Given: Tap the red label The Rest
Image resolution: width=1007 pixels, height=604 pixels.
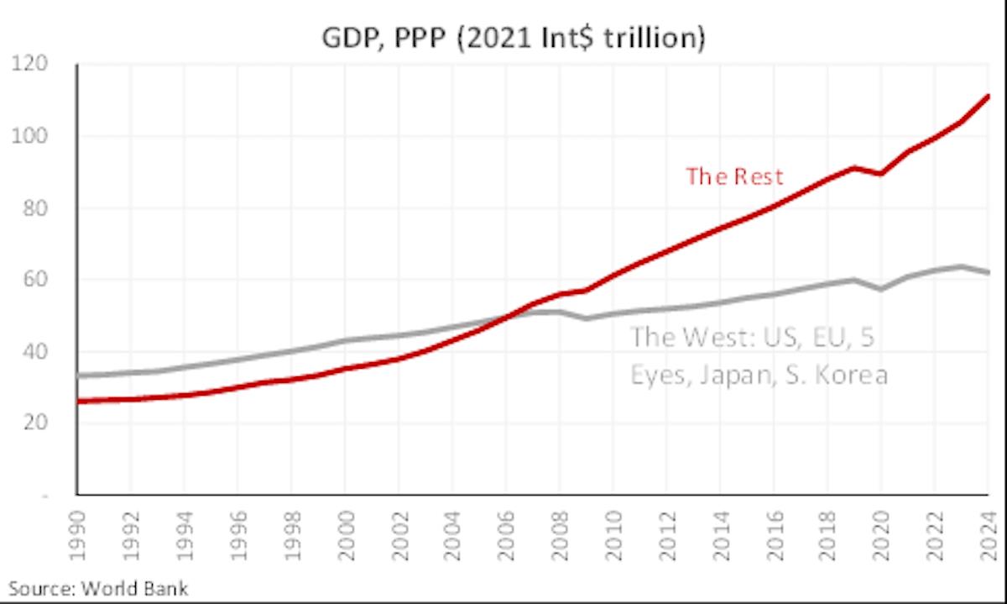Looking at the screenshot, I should (734, 176).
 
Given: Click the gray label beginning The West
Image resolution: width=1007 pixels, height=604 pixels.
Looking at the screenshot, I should (759, 356).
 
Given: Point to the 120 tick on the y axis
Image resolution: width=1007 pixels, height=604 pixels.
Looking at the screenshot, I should (35, 65).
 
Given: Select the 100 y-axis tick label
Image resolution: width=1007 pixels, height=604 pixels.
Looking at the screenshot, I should (35, 136).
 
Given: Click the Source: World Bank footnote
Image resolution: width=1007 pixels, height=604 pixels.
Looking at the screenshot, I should (98, 587).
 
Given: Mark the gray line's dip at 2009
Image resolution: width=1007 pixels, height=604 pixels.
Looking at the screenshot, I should (587, 318).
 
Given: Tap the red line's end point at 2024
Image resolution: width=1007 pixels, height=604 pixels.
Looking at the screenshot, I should (989, 96).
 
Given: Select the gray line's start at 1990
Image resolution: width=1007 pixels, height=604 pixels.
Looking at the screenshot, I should (78, 376).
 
